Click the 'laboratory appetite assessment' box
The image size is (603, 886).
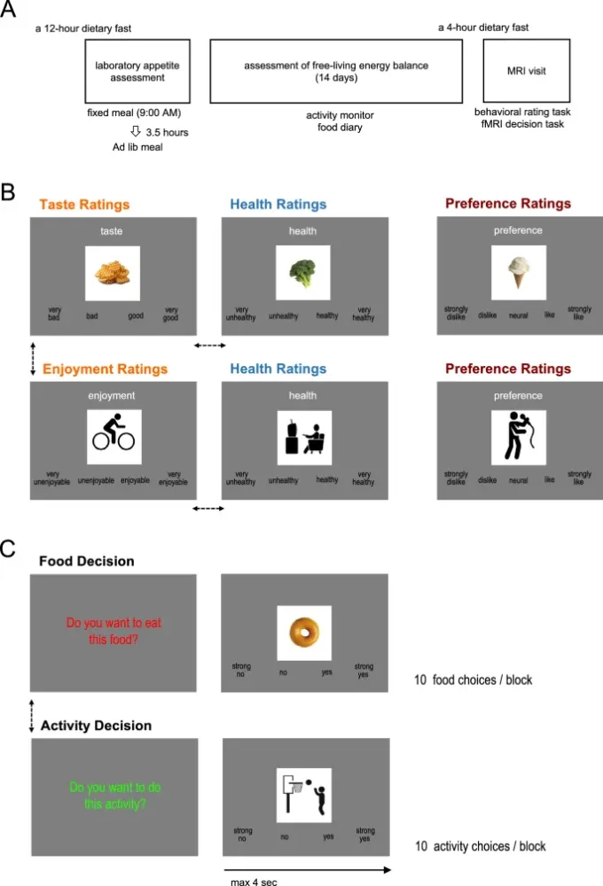click(137, 71)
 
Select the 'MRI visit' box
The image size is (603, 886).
click(526, 71)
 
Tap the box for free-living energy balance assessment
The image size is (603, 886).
click(336, 71)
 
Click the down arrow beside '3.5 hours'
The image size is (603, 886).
click(136, 131)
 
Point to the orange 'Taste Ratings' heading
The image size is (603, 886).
click(85, 205)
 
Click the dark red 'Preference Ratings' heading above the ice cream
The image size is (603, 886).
click(508, 204)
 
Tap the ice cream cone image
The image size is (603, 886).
click(519, 273)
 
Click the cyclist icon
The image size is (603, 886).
click(114, 437)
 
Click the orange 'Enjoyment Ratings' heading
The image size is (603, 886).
click(98, 369)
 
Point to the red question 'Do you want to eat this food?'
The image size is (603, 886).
click(113, 630)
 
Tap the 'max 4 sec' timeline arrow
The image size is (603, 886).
click(306, 870)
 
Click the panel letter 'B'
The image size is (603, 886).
click(8, 190)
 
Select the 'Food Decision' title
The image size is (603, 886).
click(87, 562)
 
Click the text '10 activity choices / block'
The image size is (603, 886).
click(480, 846)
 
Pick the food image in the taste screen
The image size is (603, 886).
click(114, 273)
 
